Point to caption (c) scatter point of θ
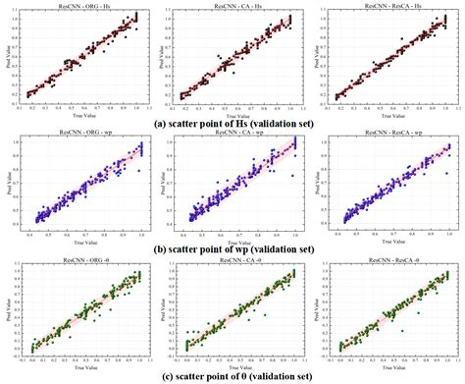(232, 376)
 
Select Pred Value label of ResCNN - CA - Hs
(161, 56)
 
